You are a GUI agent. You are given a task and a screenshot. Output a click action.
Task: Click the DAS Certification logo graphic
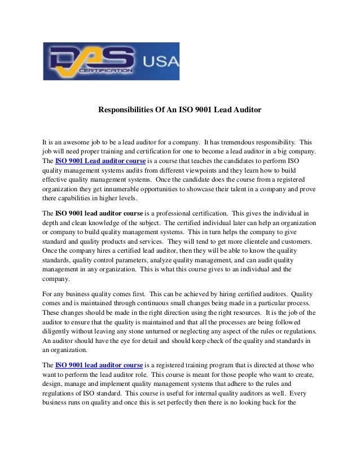click(90, 61)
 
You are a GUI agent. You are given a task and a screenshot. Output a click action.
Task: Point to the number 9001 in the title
click(210, 109)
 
